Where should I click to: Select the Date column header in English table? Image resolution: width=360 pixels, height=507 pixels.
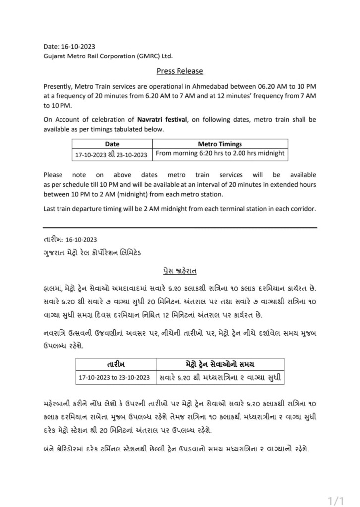click(112, 144)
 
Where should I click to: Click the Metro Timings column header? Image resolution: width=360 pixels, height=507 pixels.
click(220, 144)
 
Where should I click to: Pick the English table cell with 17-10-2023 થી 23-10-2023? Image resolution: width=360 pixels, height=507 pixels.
click(112, 154)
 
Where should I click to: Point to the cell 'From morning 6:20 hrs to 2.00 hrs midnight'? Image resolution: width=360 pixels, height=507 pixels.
click(220, 154)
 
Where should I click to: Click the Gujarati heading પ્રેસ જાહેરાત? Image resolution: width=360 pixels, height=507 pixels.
click(180, 272)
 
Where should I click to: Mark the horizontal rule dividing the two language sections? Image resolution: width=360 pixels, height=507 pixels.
click(180, 227)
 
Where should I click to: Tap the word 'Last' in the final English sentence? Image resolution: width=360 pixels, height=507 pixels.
click(50, 208)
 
